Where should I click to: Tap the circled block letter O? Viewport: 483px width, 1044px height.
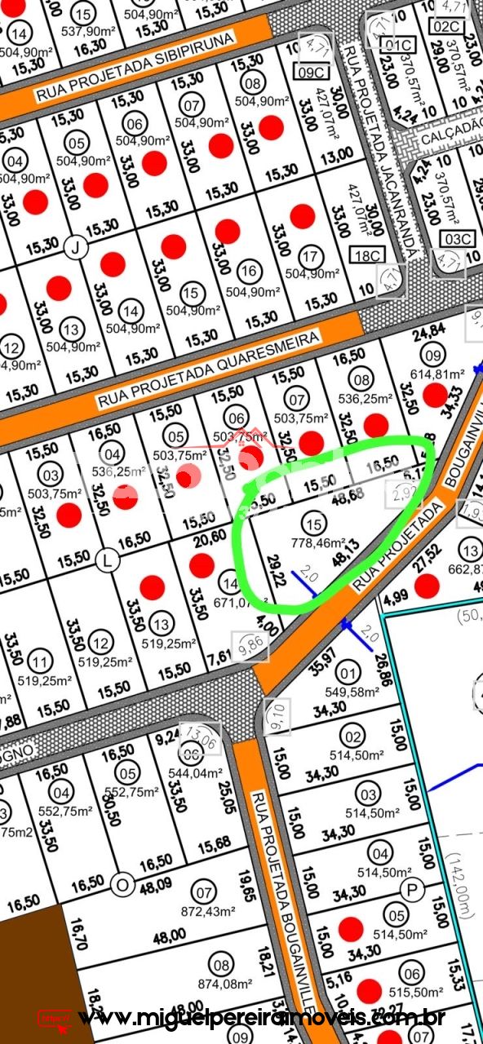[x=123, y=883]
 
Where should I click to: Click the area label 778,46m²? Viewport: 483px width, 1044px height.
[x=314, y=542]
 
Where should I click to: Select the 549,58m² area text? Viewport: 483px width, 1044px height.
[x=352, y=692]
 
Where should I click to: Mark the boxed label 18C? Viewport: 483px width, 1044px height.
[x=366, y=256]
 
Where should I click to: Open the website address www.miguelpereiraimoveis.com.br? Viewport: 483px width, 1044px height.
[x=261, y=1018]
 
